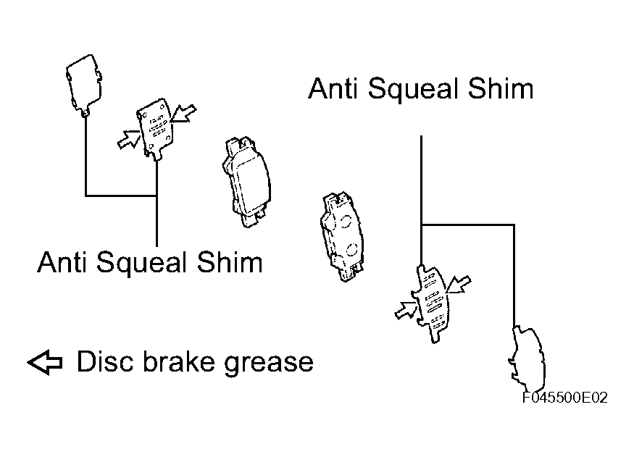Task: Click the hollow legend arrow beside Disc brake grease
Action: [45, 362]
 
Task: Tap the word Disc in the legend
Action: [105, 361]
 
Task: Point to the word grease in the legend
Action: [269, 364]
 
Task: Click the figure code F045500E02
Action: [565, 398]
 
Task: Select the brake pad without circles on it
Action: [246, 182]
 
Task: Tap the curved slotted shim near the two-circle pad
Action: [431, 303]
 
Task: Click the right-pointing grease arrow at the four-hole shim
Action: [128, 139]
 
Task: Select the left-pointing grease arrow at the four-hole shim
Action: [183, 113]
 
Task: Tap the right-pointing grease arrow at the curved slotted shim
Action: [406, 309]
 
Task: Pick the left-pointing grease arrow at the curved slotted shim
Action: [459, 284]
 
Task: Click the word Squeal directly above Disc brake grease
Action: [142, 264]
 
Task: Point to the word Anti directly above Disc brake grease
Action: [62, 262]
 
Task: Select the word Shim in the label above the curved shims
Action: [501, 88]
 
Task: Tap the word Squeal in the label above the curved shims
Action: [413, 91]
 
